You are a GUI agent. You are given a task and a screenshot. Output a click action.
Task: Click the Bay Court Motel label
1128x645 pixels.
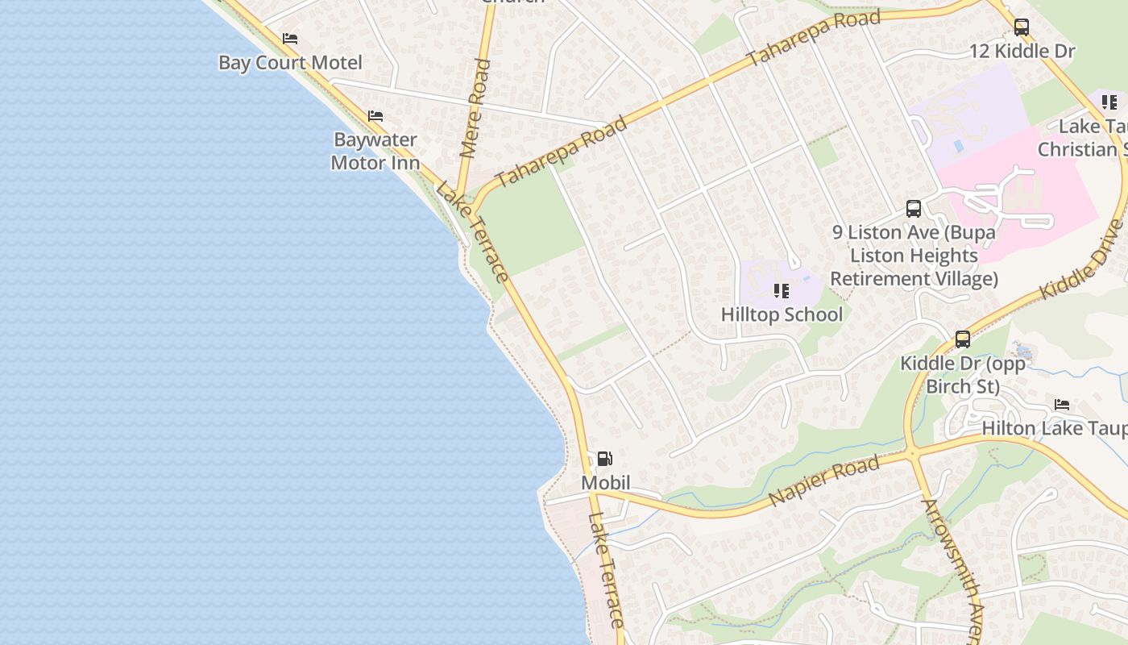290,63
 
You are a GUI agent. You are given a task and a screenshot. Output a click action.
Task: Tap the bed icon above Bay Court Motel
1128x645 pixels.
290,39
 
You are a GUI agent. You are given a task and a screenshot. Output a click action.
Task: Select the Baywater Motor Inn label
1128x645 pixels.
375,151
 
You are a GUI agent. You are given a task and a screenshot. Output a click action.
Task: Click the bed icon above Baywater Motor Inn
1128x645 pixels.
375,116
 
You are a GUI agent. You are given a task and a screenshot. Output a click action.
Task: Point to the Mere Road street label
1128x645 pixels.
475,108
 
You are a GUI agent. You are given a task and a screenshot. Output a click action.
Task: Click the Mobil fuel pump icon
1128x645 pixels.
604,459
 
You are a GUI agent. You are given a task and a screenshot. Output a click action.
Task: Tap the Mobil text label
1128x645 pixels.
606,482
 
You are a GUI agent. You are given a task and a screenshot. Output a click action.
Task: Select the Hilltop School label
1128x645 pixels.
782,314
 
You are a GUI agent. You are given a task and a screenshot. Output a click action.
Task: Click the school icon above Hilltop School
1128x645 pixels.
781,290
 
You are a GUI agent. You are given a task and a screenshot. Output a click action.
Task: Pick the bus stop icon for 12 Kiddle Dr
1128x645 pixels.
1022,27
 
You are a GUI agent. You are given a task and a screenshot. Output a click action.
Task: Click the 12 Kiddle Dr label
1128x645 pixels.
1022,52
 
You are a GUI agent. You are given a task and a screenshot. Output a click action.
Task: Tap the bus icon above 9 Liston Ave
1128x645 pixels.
914,209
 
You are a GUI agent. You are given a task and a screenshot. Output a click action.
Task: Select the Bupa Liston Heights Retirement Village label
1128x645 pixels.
914,256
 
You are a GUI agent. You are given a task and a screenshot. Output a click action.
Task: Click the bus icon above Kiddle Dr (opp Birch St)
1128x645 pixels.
963,339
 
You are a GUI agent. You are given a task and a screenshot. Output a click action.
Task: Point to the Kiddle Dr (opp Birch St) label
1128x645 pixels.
963,375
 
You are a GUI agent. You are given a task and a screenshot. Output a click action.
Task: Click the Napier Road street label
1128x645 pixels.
823,481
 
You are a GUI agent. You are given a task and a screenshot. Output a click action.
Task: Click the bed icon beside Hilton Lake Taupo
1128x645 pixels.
1062,405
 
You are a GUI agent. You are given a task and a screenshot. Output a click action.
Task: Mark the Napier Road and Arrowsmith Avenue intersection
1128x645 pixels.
914,454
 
